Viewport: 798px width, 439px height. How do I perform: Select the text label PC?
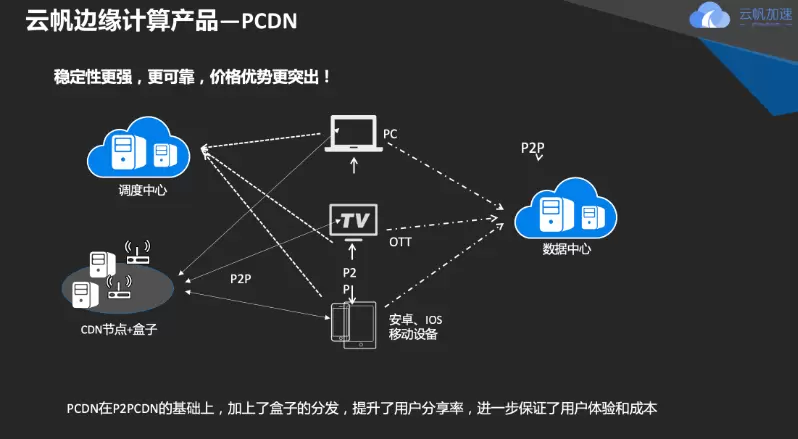[x=390, y=133]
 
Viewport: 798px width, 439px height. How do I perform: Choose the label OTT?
[x=399, y=242]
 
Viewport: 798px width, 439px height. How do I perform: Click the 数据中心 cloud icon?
[x=567, y=207]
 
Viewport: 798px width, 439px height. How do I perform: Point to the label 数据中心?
[x=567, y=249]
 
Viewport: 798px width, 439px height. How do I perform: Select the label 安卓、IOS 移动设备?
[x=415, y=326]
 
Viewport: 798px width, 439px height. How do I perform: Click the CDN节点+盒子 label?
[x=119, y=328]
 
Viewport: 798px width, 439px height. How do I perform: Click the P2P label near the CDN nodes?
[x=240, y=278]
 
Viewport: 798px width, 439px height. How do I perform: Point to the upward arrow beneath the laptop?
[x=353, y=163]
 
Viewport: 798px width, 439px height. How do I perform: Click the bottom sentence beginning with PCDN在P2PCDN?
[x=360, y=409]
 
